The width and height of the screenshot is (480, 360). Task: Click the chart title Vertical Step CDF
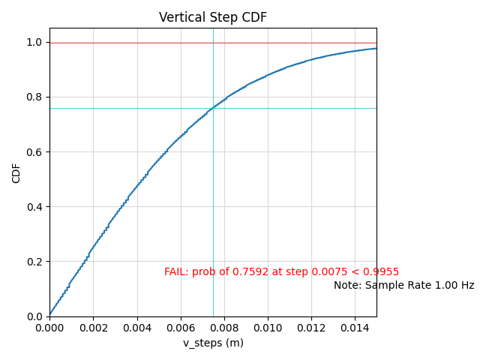[x=213, y=17]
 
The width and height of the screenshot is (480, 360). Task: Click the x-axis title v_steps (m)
[x=213, y=343]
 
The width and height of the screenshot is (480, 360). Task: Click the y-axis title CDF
[x=16, y=172]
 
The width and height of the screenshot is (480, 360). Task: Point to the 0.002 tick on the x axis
[x=93, y=328]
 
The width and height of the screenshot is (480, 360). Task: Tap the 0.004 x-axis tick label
[x=136, y=328]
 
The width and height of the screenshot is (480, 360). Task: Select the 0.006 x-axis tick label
[x=180, y=328]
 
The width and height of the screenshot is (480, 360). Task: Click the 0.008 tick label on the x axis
[x=223, y=328]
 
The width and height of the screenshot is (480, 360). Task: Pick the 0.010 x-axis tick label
[x=268, y=328]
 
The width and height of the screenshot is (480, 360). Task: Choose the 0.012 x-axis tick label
[x=311, y=328]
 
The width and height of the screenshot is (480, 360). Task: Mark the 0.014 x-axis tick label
[x=355, y=328]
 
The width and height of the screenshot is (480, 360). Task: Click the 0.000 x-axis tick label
[x=49, y=328]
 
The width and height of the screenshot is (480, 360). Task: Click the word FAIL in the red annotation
[x=176, y=272]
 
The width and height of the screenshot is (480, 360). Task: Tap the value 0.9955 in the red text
[x=382, y=272]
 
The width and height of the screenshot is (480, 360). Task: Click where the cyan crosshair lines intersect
[x=213, y=108]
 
